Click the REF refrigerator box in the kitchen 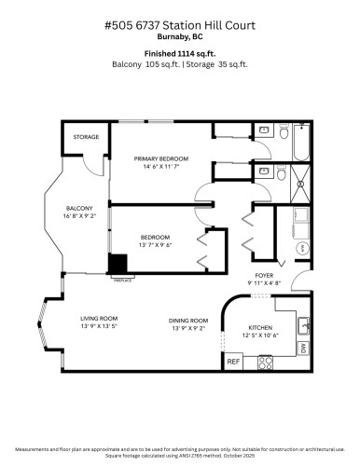pos(233,361)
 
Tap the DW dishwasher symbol pos(303,348)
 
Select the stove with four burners pos(256,361)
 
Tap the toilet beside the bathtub pos(264,130)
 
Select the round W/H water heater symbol pos(302,249)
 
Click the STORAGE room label pos(87,137)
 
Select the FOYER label pos(264,276)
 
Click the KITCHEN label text pos(259,327)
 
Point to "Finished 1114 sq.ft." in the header pos(179,53)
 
